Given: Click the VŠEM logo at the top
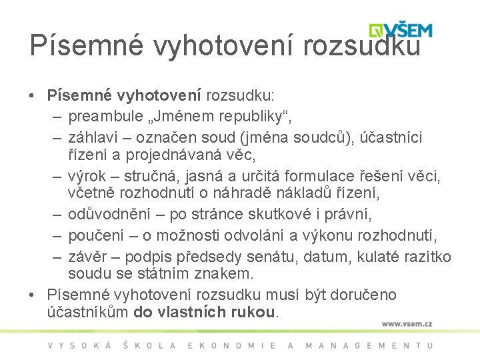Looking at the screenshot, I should click(x=401, y=30).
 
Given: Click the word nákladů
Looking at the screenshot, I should click(x=306, y=194).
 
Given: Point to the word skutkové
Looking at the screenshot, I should click(x=271, y=215).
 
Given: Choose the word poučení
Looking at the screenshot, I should click(x=93, y=236).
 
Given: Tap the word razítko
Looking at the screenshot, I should click(x=428, y=257).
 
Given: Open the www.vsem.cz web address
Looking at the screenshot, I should click(x=407, y=323).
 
